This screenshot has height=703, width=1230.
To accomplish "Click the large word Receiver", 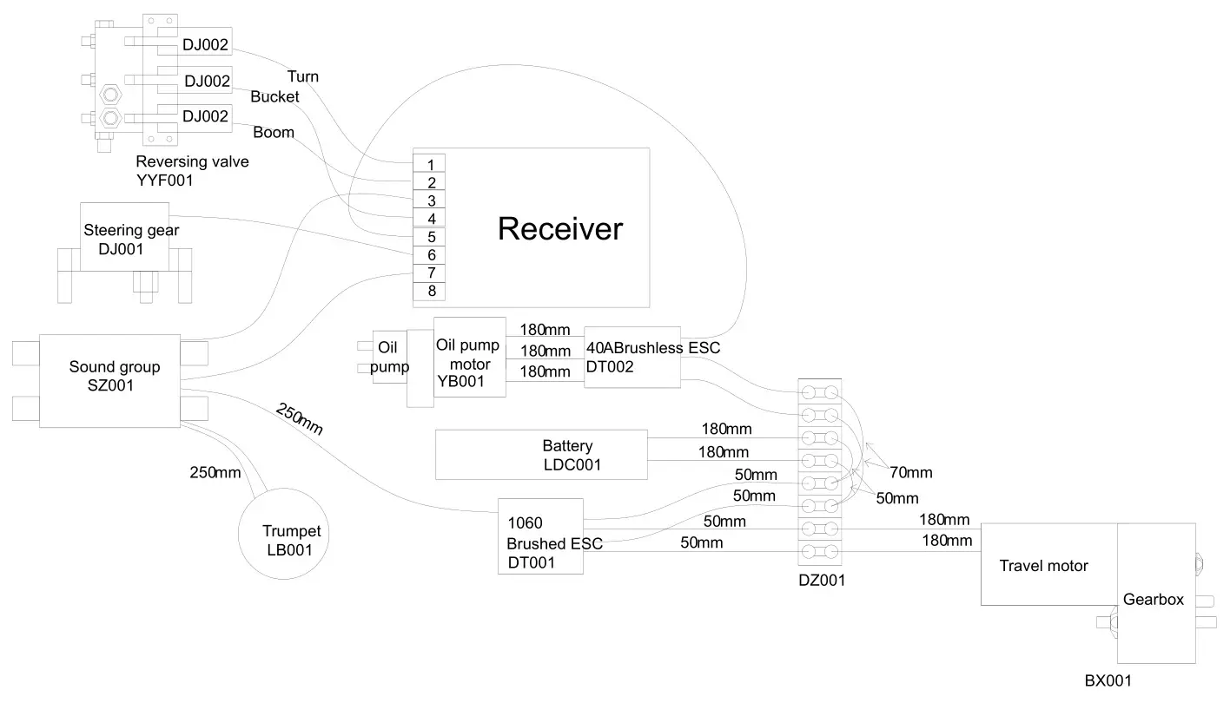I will click(559, 229).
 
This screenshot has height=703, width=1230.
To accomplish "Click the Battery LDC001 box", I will click(541, 455).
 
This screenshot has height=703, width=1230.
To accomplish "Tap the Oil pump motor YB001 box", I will click(469, 358).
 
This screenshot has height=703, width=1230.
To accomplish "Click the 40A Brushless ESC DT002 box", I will click(632, 358).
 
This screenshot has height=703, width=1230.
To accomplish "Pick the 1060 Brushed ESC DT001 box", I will click(539, 536).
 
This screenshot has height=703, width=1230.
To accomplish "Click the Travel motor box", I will click(1043, 566).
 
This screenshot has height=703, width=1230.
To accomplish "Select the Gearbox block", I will click(1154, 599).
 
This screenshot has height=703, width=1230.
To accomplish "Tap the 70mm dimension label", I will click(911, 473).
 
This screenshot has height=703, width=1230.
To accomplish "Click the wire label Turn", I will click(303, 76).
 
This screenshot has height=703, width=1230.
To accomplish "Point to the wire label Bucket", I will click(274, 96).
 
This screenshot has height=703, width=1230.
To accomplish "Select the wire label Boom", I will click(274, 133).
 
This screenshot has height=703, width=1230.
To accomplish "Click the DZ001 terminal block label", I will click(821, 581).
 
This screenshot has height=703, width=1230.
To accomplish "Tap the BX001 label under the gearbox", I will click(1108, 681).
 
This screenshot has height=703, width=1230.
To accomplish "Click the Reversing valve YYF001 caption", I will click(192, 171).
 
